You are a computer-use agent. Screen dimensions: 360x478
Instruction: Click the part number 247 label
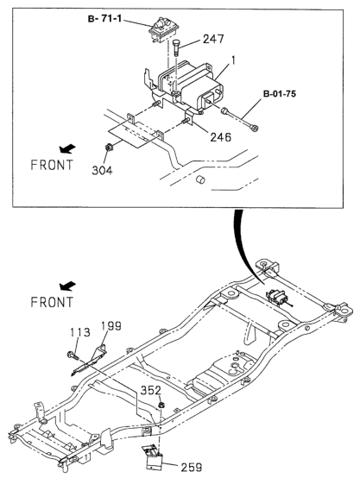pyautogui.click(x=213, y=40)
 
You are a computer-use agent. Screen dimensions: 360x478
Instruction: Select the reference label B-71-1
pyautogui.click(x=104, y=19)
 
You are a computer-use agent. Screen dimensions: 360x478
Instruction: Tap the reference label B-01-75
pyautogui.click(x=280, y=93)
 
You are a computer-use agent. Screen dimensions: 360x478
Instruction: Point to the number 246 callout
pyautogui.click(x=221, y=137)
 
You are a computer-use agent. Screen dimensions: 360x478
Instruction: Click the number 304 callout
pyautogui.click(x=102, y=171)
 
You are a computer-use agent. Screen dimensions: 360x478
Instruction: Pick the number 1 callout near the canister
pyautogui.click(x=233, y=60)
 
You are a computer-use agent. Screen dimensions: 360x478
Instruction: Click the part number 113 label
pyautogui.click(x=80, y=332)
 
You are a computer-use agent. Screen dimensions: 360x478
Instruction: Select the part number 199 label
pyautogui.click(x=111, y=326)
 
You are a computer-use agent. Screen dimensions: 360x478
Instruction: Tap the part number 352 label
pyautogui.click(x=150, y=390)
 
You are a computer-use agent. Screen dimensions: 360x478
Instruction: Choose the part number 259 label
pyautogui.click(x=192, y=468)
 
